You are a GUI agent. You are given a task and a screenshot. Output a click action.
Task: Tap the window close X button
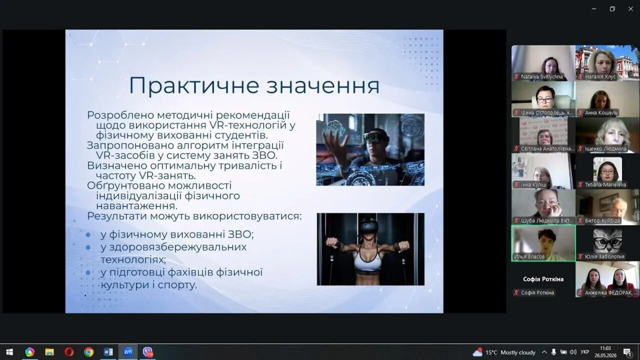[630, 9]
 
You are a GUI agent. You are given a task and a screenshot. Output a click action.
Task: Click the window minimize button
[594, 9]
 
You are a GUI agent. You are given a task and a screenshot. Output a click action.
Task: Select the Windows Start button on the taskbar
[9, 352]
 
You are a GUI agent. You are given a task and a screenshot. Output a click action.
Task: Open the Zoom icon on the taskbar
[127, 351]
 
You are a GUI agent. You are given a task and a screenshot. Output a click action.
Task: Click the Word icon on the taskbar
[108, 352]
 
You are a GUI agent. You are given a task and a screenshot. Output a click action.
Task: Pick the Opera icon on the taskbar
[69, 352]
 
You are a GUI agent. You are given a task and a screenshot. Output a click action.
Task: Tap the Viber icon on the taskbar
[147, 352]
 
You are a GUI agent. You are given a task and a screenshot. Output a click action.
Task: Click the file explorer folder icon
[49, 352]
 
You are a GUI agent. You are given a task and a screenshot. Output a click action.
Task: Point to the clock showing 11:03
[605, 348]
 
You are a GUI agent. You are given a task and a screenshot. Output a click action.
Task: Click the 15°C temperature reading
[491, 352]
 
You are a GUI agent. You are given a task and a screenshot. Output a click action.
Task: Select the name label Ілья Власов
[529, 256]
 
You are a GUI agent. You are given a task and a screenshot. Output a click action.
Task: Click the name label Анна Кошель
[601, 112]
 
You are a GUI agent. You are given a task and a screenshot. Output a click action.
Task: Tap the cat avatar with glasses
[607, 240]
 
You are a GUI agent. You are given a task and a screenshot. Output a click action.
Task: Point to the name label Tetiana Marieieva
[605, 184]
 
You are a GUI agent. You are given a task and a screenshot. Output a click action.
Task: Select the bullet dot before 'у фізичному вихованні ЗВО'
[88, 235]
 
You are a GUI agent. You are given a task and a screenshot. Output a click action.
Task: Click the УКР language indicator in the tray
[585, 352]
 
